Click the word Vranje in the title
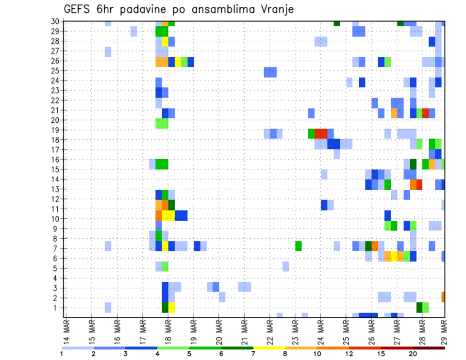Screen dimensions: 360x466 pyautogui.click(x=275, y=9)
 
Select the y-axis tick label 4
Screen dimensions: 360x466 pyautogui.click(x=57, y=278)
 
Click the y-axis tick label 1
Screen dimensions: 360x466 pyautogui.click(x=57, y=308)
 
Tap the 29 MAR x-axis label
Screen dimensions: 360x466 pyautogui.click(x=444, y=332)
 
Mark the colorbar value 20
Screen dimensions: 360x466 pyautogui.click(x=413, y=354)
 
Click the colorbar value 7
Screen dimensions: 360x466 pyautogui.click(x=253, y=354)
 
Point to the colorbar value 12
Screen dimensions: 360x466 pyautogui.click(x=349, y=354)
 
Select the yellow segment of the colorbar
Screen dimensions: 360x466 pyautogui.click(x=269, y=348)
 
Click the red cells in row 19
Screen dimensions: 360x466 pyautogui.click(x=321, y=133)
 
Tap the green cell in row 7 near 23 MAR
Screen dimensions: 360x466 pyautogui.click(x=298, y=246)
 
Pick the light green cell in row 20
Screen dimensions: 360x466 pyautogui.click(x=162, y=123)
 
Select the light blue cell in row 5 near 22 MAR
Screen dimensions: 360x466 pyautogui.click(x=285, y=266)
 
